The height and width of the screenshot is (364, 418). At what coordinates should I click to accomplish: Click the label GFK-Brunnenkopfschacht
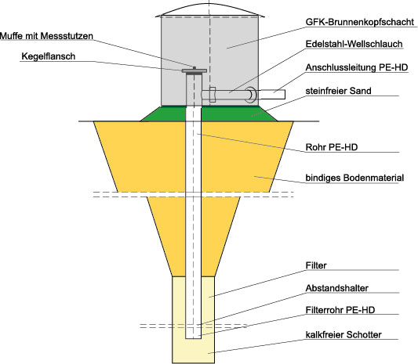tap(360, 22)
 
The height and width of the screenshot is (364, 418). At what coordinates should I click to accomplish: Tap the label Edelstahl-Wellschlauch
tap(354, 44)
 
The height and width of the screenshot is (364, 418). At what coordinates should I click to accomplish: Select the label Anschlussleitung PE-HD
tap(357, 67)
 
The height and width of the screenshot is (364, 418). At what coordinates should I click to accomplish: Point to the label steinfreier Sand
tap(338, 91)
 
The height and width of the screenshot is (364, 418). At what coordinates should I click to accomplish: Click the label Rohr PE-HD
tap(332, 147)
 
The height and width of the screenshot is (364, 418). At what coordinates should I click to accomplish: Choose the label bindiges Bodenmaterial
tap(354, 178)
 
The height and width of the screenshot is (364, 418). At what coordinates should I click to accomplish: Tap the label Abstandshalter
tap(337, 288)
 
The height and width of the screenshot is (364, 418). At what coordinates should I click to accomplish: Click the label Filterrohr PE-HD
tap(340, 310)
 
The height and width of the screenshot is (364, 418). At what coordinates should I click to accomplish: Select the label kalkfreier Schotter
tap(343, 334)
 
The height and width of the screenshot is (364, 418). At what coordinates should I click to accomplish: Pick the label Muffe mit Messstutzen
tap(46, 36)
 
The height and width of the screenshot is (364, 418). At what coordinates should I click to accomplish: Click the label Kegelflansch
tap(49, 56)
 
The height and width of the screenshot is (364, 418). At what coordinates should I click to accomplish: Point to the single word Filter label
tap(316, 265)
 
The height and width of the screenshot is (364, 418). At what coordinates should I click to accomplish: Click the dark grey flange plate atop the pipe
tap(194, 70)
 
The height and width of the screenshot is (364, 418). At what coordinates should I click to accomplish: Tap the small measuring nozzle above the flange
tap(194, 68)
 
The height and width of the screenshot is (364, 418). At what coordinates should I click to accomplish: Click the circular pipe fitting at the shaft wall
tap(251, 95)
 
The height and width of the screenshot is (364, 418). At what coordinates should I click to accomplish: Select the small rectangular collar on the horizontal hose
tap(213, 95)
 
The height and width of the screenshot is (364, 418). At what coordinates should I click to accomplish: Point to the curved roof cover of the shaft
tap(209, 9)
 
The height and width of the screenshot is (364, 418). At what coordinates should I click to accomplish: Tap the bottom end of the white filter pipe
tap(193, 338)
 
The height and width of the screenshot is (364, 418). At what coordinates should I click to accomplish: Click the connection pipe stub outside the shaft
tap(271, 95)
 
